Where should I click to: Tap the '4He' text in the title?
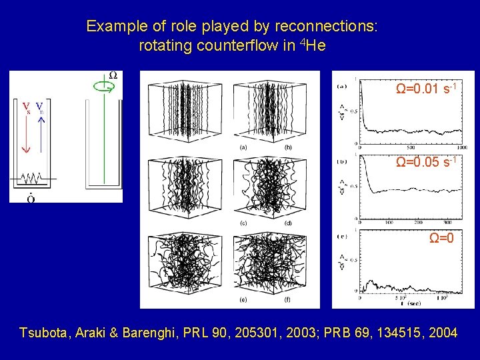(x=313, y=46)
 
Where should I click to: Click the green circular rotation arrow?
(x=102, y=86)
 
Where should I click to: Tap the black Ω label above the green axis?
(x=113, y=75)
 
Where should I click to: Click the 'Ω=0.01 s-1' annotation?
(x=426, y=89)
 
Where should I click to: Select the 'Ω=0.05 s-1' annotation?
(x=426, y=162)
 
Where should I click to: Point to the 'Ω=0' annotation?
(x=441, y=238)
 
